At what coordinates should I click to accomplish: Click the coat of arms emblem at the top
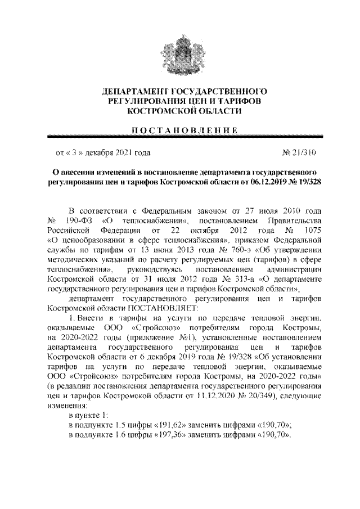[x=179, y=53]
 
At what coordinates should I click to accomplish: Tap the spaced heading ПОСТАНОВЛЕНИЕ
[x=180, y=130]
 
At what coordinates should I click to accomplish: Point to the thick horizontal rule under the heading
[x=180, y=138]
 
